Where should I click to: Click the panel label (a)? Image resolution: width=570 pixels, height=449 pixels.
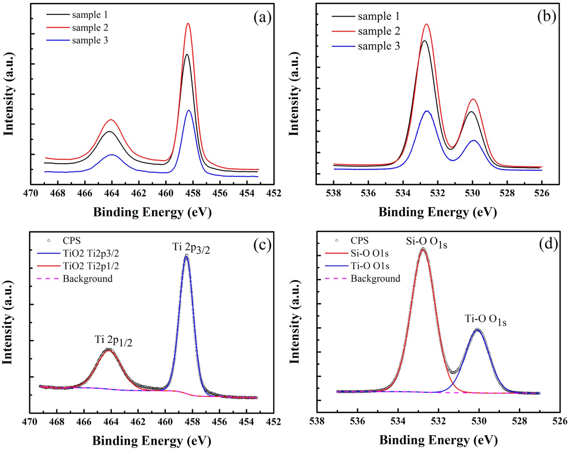262,17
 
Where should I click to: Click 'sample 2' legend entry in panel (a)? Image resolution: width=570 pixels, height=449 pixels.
90,28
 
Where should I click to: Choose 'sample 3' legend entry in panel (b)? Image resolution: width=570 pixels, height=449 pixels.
379,46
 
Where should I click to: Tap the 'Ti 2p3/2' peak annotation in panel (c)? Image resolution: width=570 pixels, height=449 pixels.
191,248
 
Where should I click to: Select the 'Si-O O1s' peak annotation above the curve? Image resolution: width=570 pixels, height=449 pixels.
426,243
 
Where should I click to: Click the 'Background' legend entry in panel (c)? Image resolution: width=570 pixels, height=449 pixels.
87,278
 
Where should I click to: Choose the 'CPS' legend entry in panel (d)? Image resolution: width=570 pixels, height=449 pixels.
359,240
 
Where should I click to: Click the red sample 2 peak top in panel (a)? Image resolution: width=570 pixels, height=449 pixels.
188,24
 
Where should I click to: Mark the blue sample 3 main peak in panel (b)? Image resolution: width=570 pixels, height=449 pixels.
427,111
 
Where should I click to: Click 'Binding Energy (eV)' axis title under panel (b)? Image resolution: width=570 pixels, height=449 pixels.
438,212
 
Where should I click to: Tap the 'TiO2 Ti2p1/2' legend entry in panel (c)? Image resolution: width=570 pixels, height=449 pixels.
90,266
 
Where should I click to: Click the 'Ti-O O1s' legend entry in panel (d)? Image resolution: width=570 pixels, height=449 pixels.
370,266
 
